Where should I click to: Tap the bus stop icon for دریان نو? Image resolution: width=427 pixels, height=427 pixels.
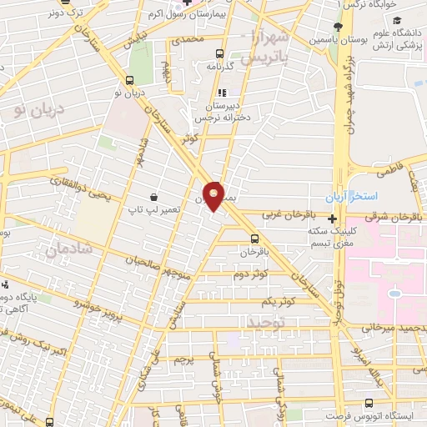128,80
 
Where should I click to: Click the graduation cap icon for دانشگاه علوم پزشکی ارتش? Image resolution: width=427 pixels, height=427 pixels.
397,20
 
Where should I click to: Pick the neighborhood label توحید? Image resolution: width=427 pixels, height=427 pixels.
265,320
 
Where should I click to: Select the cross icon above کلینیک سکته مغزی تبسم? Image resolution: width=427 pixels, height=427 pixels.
332,218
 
